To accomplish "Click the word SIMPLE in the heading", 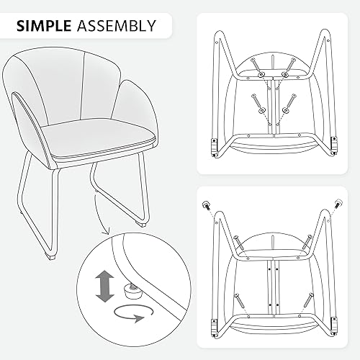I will pos(42,26).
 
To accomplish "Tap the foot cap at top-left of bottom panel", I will pos(204,204).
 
